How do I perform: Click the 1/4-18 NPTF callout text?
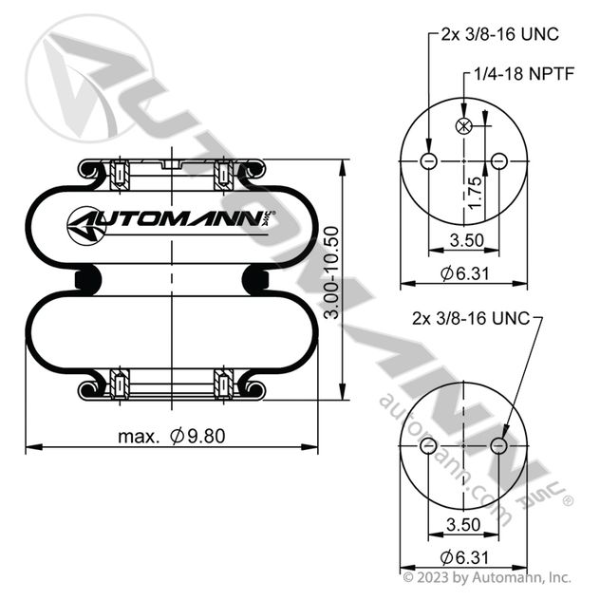click(x=524, y=74)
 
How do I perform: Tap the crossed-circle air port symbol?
click(x=464, y=125)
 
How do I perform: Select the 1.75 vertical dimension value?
click(x=475, y=194)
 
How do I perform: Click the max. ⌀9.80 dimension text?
click(x=172, y=436)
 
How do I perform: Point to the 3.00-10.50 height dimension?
click(x=331, y=272)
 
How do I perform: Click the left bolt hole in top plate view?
click(x=428, y=161)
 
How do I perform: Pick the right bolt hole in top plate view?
click(x=499, y=161)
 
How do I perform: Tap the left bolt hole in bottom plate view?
click(x=428, y=446)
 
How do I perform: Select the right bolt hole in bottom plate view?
click(x=499, y=446)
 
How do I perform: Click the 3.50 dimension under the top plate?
click(x=467, y=240)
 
